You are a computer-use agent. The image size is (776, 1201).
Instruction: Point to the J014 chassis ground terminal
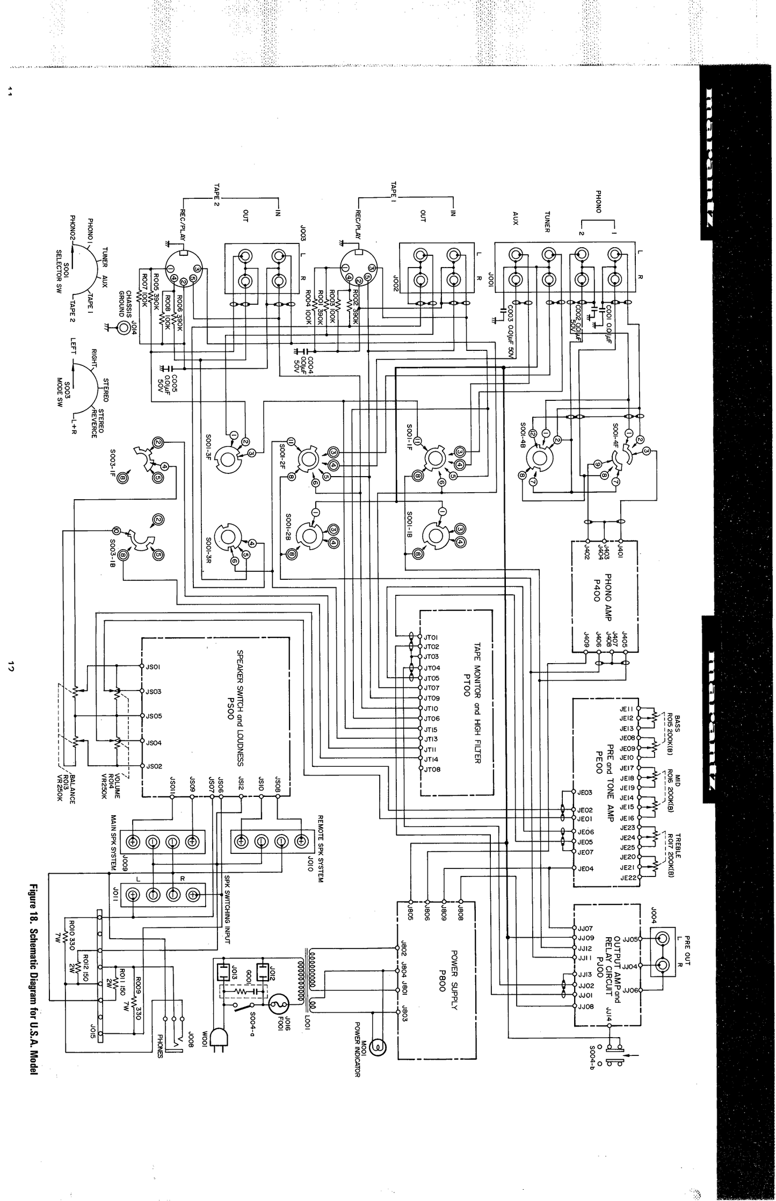125,327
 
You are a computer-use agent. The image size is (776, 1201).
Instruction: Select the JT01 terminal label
431,637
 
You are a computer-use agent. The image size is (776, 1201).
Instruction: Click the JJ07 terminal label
585,928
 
